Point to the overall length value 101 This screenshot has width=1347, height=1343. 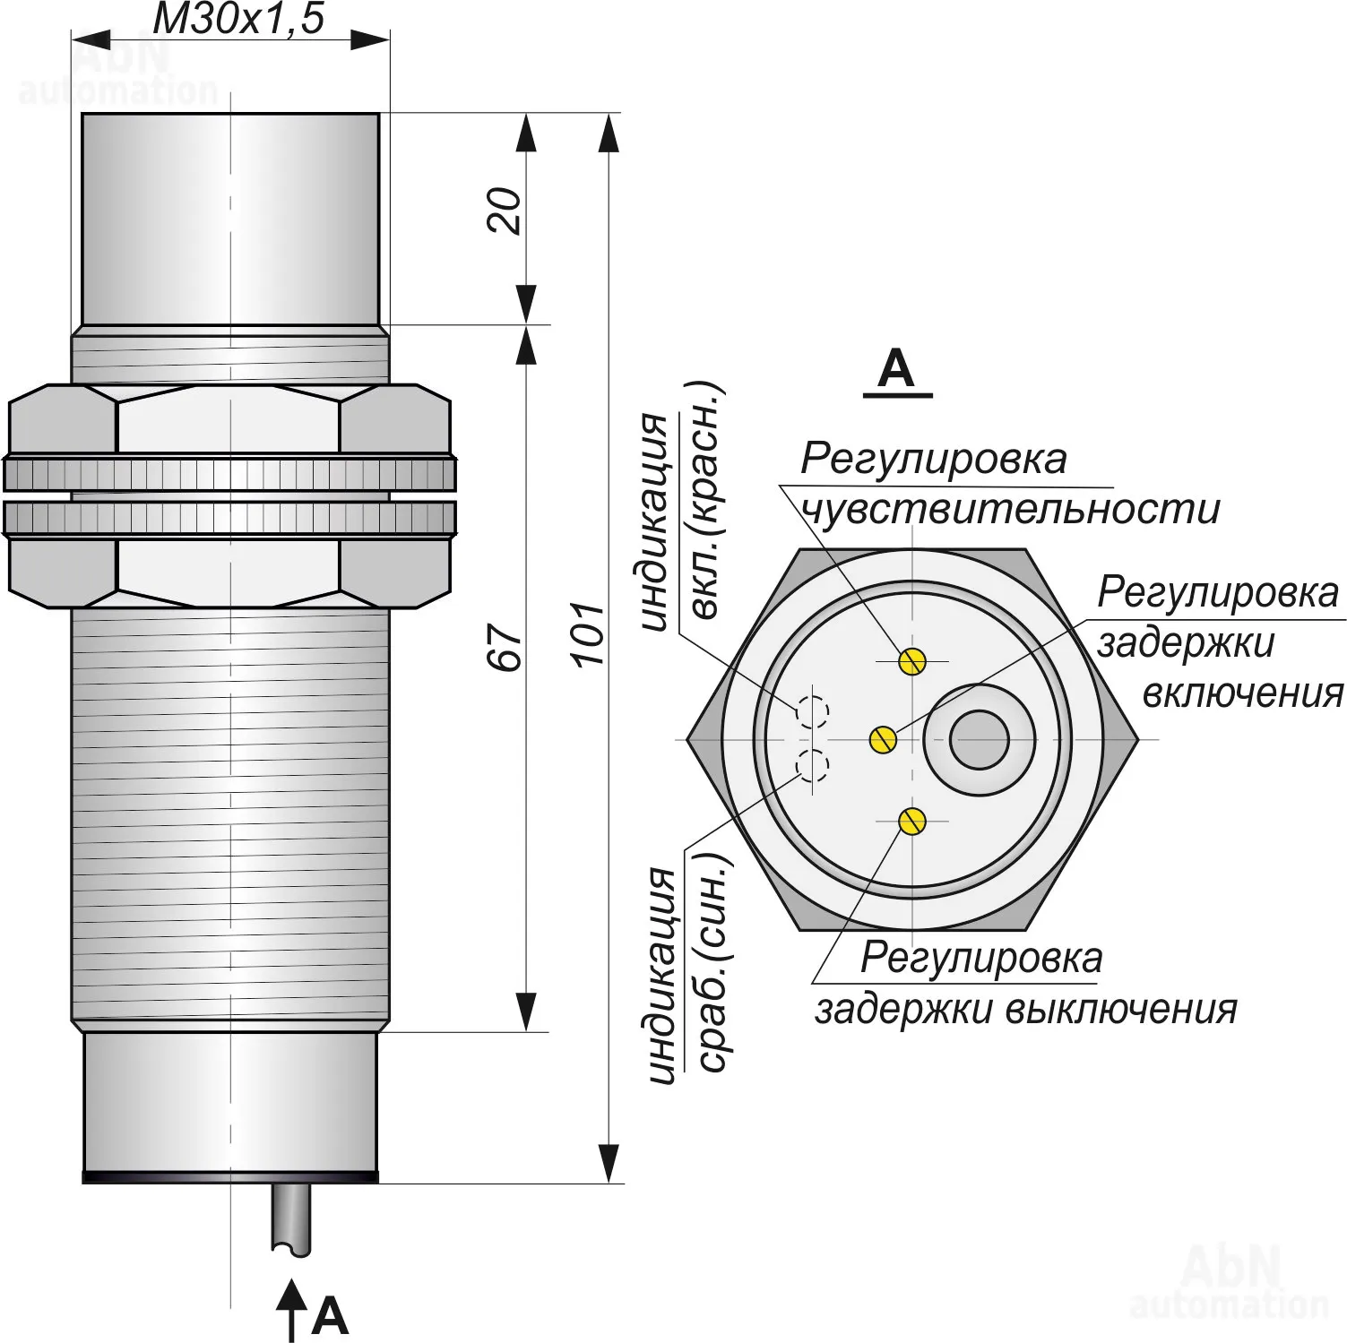[591, 633]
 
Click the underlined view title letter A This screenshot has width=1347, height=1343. [896, 369]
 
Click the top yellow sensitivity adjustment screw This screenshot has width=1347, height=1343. [912, 661]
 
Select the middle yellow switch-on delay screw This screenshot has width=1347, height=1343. [883, 739]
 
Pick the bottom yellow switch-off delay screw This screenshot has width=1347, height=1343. [912, 821]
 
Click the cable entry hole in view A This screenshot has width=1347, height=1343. [980, 740]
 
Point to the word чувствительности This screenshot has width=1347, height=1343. [1010, 510]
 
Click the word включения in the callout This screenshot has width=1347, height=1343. [1243, 693]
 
